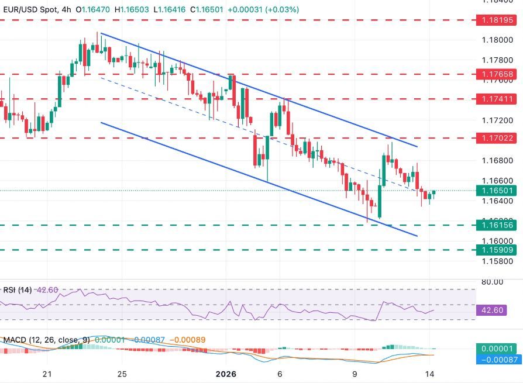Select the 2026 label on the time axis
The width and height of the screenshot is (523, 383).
pos(225,374)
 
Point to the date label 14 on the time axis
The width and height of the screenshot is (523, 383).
pos(431,374)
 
